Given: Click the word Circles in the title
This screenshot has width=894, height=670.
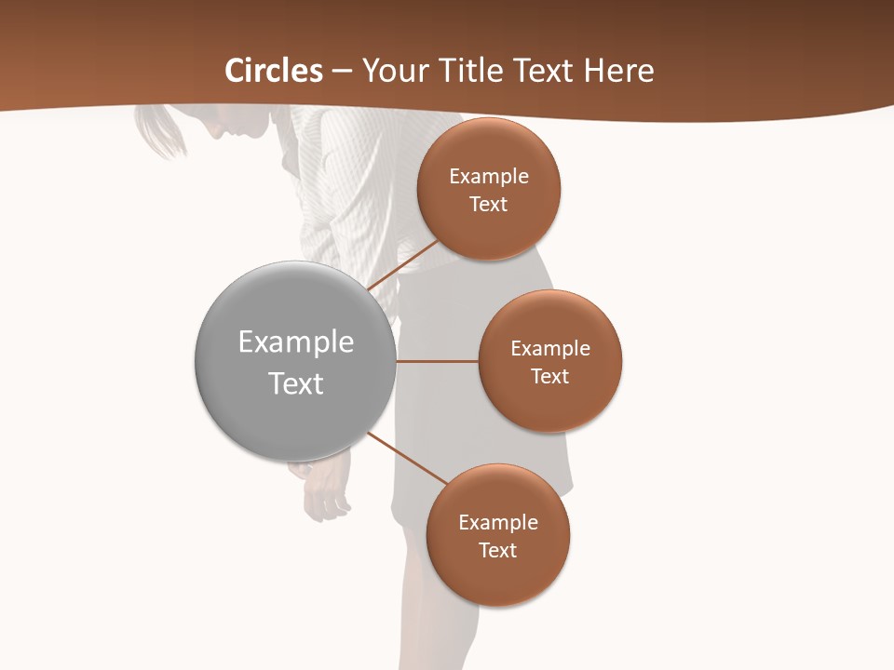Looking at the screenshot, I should (x=274, y=71).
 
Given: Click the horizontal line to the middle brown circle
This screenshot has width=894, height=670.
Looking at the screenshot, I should (x=437, y=361).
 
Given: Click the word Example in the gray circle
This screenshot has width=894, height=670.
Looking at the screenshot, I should (x=296, y=342).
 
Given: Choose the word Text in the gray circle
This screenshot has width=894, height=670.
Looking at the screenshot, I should (x=296, y=383).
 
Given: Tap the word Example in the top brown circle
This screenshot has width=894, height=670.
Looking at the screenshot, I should (x=489, y=177).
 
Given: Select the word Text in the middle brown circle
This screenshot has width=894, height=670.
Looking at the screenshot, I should (x=550, y=376).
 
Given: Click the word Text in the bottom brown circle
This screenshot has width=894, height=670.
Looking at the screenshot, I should (x=498, y=550).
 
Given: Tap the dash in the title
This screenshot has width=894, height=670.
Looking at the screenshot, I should (x=342, y=72).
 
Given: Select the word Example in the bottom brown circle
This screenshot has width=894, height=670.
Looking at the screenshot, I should (x=498, y=522).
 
